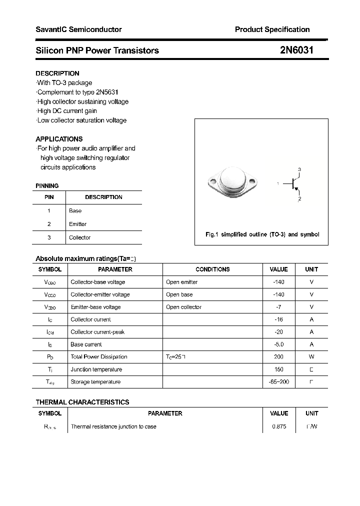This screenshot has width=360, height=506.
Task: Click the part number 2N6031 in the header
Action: point(297,50)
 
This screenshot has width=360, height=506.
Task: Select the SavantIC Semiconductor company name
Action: point(78,29)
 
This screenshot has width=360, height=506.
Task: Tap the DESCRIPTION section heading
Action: point(57,73)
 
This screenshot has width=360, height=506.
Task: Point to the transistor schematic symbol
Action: point(293,184)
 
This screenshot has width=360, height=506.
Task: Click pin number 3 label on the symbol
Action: point(299,169)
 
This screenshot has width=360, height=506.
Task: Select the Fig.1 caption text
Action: point(262,234)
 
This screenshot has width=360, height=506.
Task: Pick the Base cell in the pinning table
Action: point(75,210)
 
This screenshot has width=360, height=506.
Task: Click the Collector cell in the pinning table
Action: point(80,237)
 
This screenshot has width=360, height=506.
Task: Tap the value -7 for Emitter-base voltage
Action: point(278,307)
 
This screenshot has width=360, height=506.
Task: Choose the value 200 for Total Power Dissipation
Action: point(278,357)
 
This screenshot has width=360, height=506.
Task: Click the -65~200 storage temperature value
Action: point(278,382)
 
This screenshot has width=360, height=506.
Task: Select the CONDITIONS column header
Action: point(212,269)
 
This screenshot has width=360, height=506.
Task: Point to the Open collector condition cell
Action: point(184,307)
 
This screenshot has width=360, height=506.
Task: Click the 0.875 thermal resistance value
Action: point(279,426)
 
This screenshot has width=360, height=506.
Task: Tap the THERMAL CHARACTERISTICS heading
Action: point(82,402)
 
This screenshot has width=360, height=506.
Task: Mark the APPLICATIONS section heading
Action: point(59,139)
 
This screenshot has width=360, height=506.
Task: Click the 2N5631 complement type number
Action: point(107,92)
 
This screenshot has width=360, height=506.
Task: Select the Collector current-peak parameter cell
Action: point(98,332)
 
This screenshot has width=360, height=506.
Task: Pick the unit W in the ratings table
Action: point(311,357)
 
